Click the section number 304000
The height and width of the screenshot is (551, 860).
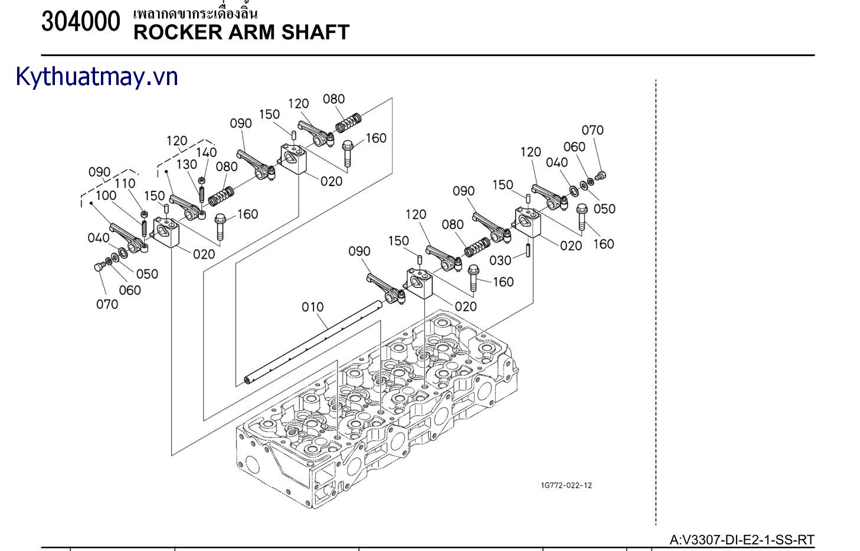[81, 23]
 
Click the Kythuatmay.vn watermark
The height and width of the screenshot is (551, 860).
[97, 77]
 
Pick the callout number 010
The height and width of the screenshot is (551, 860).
[312, 307]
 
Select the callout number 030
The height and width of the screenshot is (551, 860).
[501, 260]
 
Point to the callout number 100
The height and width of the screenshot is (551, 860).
[106, 195]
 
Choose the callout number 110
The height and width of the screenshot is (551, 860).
[125, 184]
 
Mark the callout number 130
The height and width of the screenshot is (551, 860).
[187, 164]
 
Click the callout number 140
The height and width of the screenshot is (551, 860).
[207, 152]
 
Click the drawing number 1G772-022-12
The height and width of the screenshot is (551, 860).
[566, 485]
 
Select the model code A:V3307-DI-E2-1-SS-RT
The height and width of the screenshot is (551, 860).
[742, 539]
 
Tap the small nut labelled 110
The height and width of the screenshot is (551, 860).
[143, 214]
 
